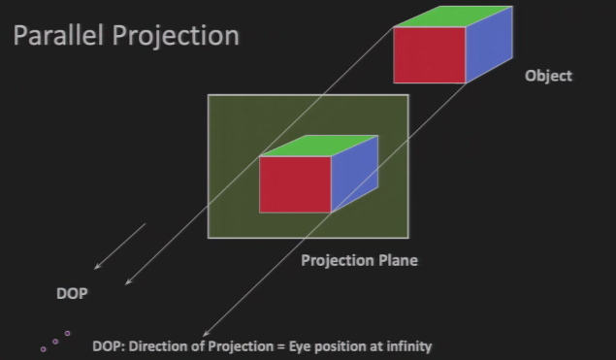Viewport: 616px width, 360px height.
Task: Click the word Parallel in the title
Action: coord(58,35)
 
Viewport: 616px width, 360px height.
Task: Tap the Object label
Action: coord(548,76)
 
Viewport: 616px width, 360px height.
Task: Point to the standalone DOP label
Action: coord(72,294)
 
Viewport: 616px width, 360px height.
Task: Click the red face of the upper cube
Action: coord(430,55)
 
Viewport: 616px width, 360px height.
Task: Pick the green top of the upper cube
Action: coord(453,16)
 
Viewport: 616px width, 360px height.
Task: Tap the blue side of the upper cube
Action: coord(489,45)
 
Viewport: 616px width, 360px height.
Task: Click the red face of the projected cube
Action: coord(295,184)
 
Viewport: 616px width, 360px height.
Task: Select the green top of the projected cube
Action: coord(318,146)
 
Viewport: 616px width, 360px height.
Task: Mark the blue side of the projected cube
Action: coord(355,174)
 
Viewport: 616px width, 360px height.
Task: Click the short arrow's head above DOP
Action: coord(95,268)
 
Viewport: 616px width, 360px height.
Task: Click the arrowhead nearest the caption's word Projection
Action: coord(205,335)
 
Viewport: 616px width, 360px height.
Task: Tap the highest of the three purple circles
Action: coord(67,333)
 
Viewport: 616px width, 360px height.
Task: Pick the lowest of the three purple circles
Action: coord(44,349)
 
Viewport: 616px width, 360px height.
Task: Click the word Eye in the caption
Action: coord(300,346)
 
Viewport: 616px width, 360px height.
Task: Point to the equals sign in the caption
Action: coord(280,347)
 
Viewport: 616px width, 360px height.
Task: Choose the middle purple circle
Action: coord(55,342)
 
